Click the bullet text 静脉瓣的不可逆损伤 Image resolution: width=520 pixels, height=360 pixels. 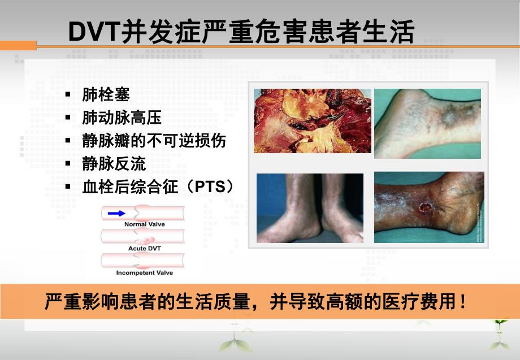coord(154,141)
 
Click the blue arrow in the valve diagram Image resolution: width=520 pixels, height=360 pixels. coord(116,213)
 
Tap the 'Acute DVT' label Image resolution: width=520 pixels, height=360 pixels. coord(144,249)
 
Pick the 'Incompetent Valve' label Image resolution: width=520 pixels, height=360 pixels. coord(144,273)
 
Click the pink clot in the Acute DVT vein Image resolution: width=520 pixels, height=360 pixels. coord(146,240)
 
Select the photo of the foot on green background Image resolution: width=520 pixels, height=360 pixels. coord(427,123)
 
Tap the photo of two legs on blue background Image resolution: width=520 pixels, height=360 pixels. coord(310,208)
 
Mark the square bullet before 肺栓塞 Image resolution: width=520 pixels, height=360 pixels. coord(68,95)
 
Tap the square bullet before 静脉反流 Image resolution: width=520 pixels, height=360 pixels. coord(68,164)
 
